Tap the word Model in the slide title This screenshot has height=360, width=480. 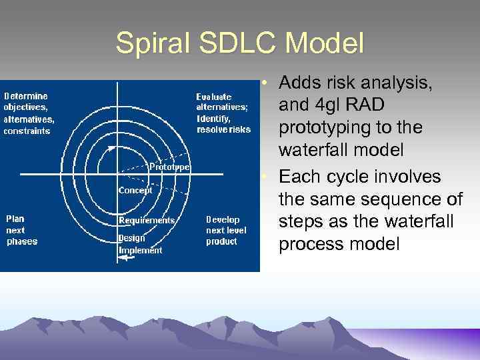[326, 44]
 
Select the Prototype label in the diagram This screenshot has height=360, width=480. [169, 167]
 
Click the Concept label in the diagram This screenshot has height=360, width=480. [135, 190]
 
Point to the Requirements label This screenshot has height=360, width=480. [147, 220]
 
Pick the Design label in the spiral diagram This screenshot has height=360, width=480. [131, 237]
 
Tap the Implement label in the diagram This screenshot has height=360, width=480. [140, 250]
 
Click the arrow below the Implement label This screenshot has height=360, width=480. [125, 260]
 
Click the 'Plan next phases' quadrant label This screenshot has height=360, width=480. [22, 230]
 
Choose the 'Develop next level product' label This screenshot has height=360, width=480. [226, 230]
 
